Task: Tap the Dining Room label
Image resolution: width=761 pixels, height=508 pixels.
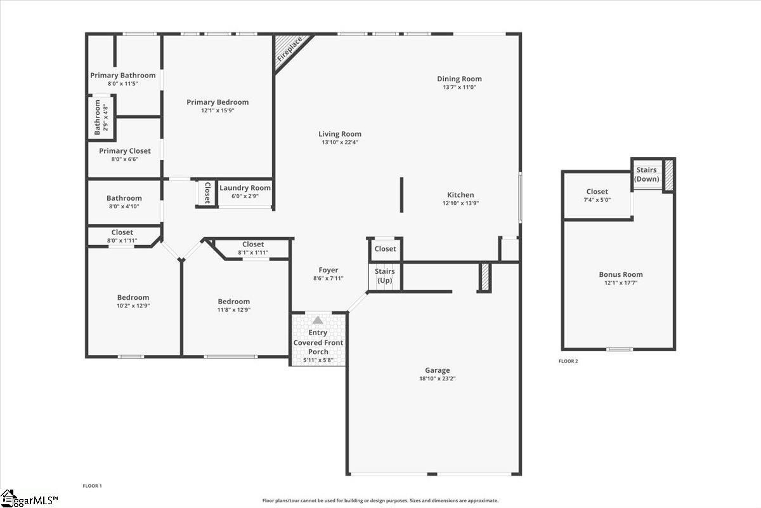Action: (x=459, y=79)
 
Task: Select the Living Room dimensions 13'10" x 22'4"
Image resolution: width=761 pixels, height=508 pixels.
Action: (x=340, y=143)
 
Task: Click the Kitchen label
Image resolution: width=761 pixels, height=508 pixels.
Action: (x=460, y=195)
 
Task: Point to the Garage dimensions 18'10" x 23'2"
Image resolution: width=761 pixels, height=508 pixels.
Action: (x=437, y=378)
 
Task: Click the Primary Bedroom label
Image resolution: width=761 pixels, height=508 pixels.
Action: (x=218, y=102)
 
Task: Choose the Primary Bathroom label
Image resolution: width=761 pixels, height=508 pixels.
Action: (x=122, y=76)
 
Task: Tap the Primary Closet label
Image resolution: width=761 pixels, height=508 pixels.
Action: (x=125, y=151)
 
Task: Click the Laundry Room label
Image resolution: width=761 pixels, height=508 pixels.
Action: (x=245, y=188)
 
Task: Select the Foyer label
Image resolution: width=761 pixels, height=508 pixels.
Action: (x=328, y=271)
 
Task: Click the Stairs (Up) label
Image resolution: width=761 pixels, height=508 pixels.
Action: (x=385, y=276)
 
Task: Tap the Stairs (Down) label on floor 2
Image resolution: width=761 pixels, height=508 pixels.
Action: (x=647, y=175)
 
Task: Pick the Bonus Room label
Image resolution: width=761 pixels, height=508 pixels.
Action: (x=621, y=275)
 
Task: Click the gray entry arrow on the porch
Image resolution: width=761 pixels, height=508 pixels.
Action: (x=318, y=321)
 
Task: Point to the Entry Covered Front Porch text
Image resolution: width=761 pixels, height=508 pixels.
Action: (x=318, y=342)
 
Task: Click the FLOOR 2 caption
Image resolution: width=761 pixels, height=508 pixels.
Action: (x=568, y=361)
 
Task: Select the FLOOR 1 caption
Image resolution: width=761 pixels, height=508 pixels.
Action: (x=92, y=486)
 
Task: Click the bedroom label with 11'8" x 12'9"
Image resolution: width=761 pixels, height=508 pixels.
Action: (x=234, y=302)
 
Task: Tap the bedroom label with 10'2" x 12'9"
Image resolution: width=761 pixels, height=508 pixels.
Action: (x=133, y=298)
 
